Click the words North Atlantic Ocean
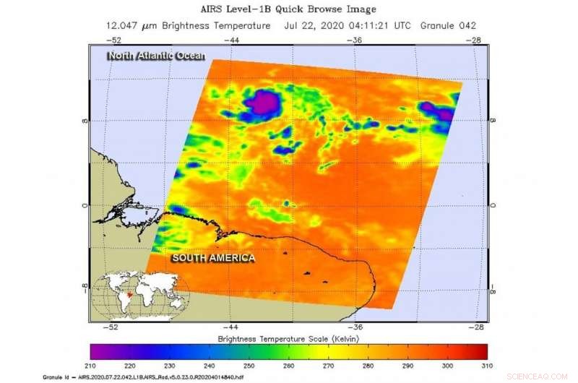[155, 56]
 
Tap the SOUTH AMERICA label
[212, 257]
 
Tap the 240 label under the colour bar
[210, 366]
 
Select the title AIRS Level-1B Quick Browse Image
[289, 9]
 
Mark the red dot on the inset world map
[129, 295]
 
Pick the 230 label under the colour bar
[170, 366]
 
